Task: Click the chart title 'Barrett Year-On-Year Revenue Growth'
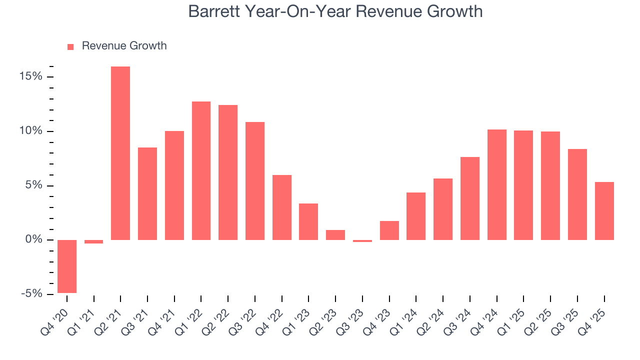coord(335,11)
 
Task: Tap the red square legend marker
coord(70,46)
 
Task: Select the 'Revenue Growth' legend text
coord(124,46)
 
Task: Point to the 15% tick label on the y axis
coord(31,77)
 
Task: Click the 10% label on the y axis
coord(31,131)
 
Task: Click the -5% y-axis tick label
coord(31,294)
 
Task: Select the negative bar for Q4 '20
coord(67,266)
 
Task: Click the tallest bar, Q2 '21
coord(120,153)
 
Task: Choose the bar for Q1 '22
coord(201,170)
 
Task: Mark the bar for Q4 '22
coord(282,207)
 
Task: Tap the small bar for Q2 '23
coord(335,235)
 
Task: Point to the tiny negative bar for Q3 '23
coord(362,241)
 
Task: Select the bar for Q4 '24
coord(497,184)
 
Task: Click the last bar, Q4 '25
coord(604,211)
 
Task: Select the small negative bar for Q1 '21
coord(93,241)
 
